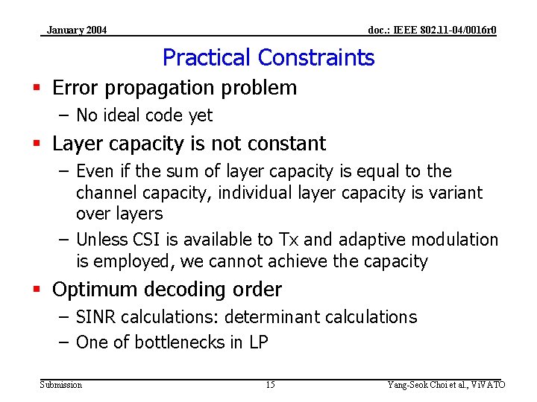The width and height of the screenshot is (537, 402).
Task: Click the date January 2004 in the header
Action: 77,31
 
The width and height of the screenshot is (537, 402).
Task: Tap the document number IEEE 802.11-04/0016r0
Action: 433,31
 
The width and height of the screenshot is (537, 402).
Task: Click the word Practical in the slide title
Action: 207,57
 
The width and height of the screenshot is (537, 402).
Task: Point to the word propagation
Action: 163,88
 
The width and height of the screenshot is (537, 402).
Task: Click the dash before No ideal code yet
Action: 63,115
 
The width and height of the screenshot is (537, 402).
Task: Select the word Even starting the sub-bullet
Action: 95,171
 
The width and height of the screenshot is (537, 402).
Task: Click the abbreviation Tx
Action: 289,240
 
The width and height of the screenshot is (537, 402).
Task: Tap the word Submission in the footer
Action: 60,385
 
